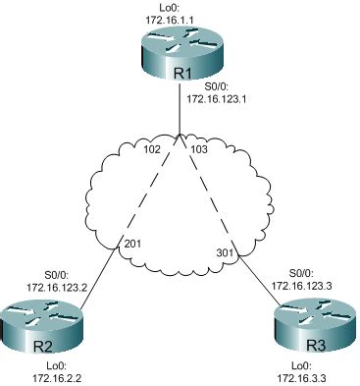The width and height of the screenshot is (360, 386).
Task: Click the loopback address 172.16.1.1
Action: [179, 18]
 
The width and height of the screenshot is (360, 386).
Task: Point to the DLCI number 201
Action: [131, 243]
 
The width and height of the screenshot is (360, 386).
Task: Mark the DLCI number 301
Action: [226, 252]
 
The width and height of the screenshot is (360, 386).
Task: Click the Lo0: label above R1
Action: [179, 7]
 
